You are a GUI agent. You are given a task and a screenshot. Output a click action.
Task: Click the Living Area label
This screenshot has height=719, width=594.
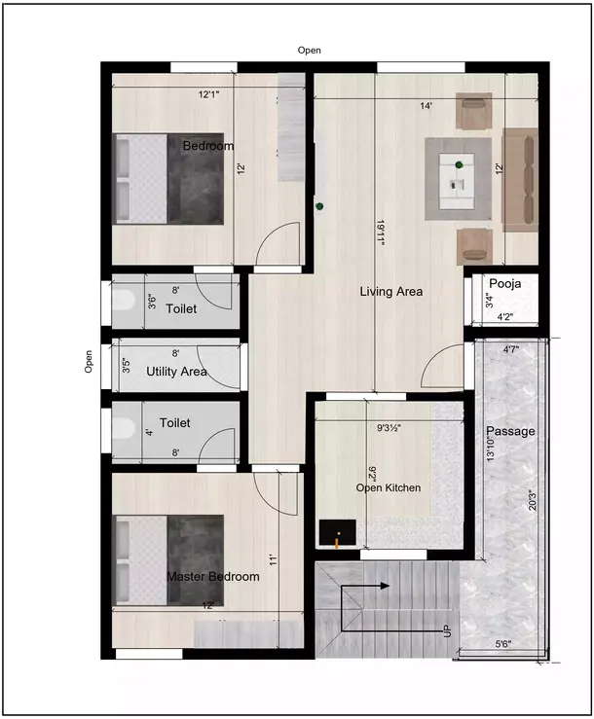point(390,291)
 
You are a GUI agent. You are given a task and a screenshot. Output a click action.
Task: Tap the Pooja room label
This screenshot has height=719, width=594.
point(505,284)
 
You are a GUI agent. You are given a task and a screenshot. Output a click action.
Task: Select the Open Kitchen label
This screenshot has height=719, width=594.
point(388,487)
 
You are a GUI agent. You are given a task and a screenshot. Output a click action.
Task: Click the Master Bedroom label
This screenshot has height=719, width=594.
point(213,577)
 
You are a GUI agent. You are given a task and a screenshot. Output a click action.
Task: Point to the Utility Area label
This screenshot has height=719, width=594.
point(176,372)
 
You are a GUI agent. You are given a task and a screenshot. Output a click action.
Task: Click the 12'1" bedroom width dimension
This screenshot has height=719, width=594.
point(208,94)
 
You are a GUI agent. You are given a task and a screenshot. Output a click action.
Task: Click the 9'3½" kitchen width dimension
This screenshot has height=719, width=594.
point(389,426)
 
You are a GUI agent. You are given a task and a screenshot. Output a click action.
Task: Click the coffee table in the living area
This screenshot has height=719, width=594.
point(458,180)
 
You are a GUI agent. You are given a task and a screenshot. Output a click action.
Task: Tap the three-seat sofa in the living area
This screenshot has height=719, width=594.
point(520,180)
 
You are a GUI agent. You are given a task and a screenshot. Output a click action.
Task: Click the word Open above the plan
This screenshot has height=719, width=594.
point(310,50)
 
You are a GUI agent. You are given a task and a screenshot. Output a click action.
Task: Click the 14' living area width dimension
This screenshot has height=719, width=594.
point(426,105)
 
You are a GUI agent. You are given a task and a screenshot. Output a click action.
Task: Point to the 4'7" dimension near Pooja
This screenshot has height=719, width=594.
point(510,348)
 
